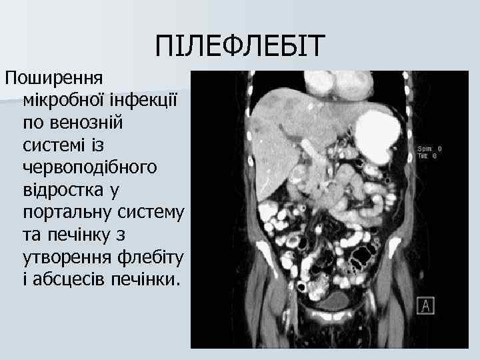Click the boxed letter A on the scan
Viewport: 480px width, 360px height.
coord(425,305)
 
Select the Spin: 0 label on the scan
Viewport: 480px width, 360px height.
coord(429,148)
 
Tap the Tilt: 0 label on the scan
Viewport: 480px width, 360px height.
coord(427,155)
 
